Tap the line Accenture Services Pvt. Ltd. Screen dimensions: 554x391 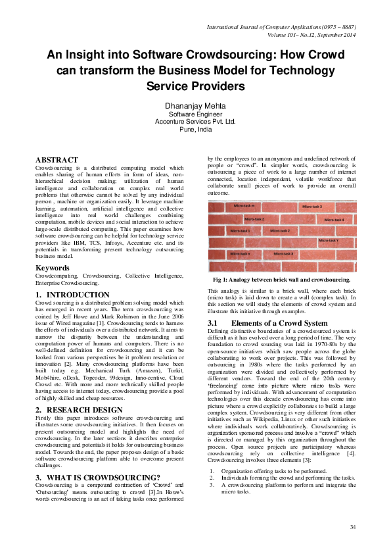[x=195, y=122]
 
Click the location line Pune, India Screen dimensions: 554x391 [x=195, y=130]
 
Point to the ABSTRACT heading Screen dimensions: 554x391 [x=57, y=160]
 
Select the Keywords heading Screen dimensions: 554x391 [x=52, y=268]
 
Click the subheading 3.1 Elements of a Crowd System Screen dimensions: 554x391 [x=268, y=323]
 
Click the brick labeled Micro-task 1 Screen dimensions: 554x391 [x=240, y=231]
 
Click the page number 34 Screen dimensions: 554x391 [x=352, y=527]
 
